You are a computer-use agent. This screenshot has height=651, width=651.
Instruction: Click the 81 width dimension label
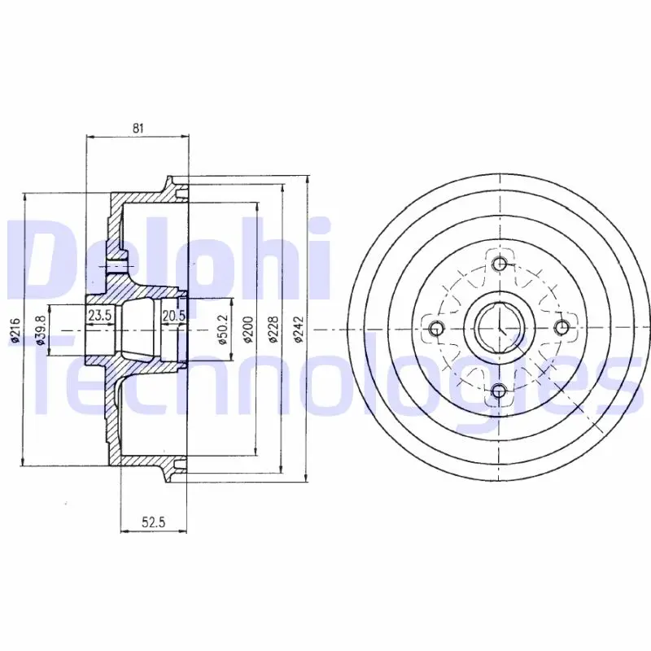click(x=138, y=129)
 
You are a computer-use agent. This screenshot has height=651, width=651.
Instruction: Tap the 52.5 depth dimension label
click(x=153, y=522)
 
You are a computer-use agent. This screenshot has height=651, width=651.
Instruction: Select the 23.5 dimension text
click(x=99, y=316)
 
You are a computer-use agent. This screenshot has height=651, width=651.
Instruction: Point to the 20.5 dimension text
click(x=173, y=316)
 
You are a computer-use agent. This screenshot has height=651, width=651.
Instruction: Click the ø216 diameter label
click(x=15, y=330)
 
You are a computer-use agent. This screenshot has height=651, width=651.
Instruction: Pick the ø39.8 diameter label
click(x=40, y=330)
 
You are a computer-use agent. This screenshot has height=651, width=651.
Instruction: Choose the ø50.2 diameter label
click(x=222, y=330)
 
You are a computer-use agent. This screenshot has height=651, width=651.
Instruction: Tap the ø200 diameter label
click(x=248, y=330)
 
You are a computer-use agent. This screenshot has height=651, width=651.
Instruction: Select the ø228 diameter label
click(x=273, y=330)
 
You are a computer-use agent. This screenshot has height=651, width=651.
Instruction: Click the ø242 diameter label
click(x=299, y=330)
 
